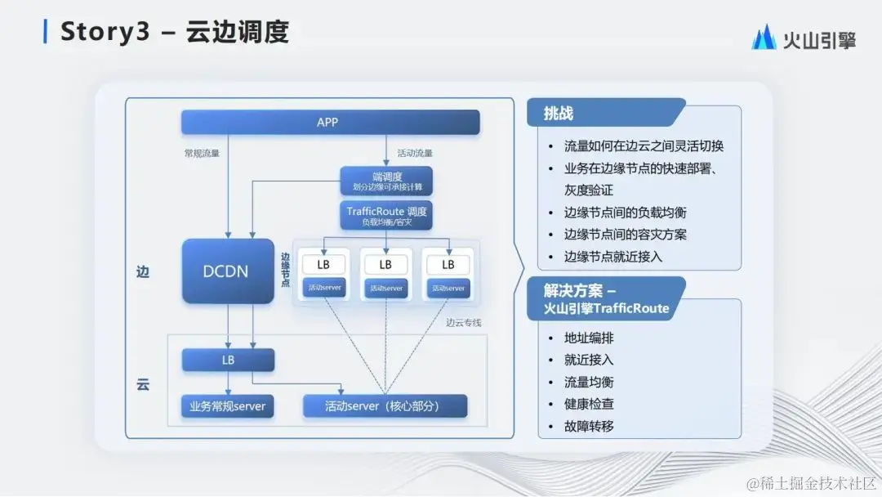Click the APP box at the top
330,123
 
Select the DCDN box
228,271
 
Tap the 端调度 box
386,181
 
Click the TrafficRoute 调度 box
386,216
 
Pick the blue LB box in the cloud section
228,360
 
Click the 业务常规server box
228,406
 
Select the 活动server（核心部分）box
385,406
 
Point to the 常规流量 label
201,153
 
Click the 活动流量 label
415,153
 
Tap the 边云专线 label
463,323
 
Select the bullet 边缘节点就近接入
612,256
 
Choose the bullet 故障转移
589,426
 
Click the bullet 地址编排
589,337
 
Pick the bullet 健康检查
589,404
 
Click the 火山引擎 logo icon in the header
764,38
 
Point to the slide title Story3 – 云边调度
175,32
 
